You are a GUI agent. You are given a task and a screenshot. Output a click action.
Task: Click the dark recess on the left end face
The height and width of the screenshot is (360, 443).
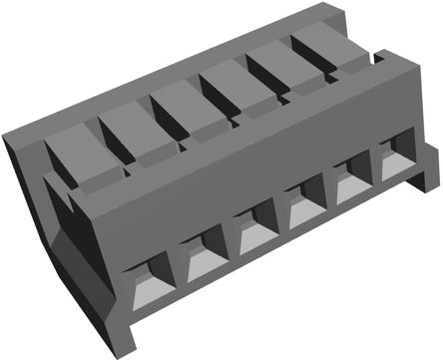click(64, 214)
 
